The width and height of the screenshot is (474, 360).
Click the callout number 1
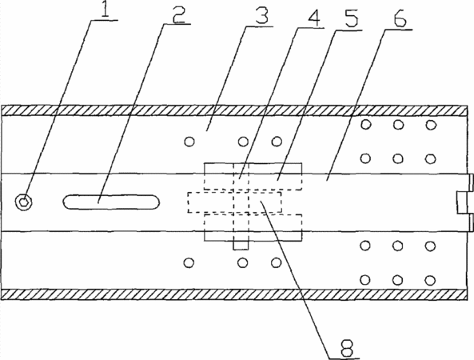tap(105, 9)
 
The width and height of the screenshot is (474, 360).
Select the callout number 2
tap(178, 14)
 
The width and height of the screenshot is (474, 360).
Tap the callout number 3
tap(261, 16)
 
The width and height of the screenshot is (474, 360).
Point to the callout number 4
tap(313, 18)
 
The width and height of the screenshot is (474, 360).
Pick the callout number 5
tap(351, 19)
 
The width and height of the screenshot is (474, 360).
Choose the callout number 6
tap(400, 18)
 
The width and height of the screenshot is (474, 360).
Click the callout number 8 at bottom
tap(346, 347)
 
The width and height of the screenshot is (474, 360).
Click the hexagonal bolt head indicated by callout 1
tap(23, 202)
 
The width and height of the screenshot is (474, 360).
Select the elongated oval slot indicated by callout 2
tap(111, 202)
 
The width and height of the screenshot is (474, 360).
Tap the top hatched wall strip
tap(234, 110)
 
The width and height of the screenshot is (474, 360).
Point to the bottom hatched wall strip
tap(234, 294)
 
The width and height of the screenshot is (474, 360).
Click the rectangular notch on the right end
tap(462, 202)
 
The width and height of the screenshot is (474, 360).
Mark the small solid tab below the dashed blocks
tap(241, 246)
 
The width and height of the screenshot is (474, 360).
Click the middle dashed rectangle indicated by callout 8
tap(234, 202)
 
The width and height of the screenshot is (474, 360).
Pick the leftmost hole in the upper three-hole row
tap(189, 142)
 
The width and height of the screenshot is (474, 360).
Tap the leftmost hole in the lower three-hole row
tap(189, 263)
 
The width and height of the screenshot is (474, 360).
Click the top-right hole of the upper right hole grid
tap(431, 125)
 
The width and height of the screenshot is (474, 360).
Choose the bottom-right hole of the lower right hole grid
tap(429, 281)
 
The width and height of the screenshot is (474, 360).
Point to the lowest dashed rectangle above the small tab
tap(253, 227)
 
